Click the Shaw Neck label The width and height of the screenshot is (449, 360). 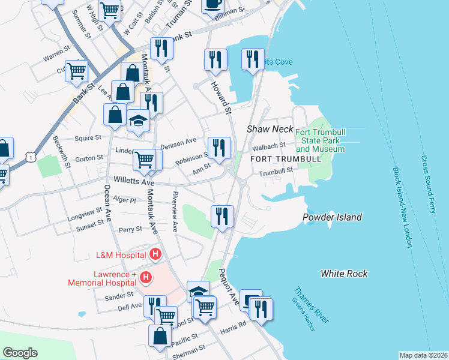(x=270, y=130)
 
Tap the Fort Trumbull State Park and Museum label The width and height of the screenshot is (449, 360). (x=320, y=140)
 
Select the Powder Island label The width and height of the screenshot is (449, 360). (x=332, y=217)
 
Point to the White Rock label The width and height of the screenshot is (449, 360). (x=343, y=274)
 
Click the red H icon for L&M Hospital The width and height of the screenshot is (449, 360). (x=155, y=255)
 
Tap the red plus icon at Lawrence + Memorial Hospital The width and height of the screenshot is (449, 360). (x=145, y=277)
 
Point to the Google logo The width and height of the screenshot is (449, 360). (x=20, y=353)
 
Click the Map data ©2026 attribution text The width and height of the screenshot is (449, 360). (x=423, y=355)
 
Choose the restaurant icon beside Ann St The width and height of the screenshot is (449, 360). (x=219, y=147)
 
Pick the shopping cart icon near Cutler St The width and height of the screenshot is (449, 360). (x=77, y=71)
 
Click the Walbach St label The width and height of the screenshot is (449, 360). (x=268, y=146)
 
